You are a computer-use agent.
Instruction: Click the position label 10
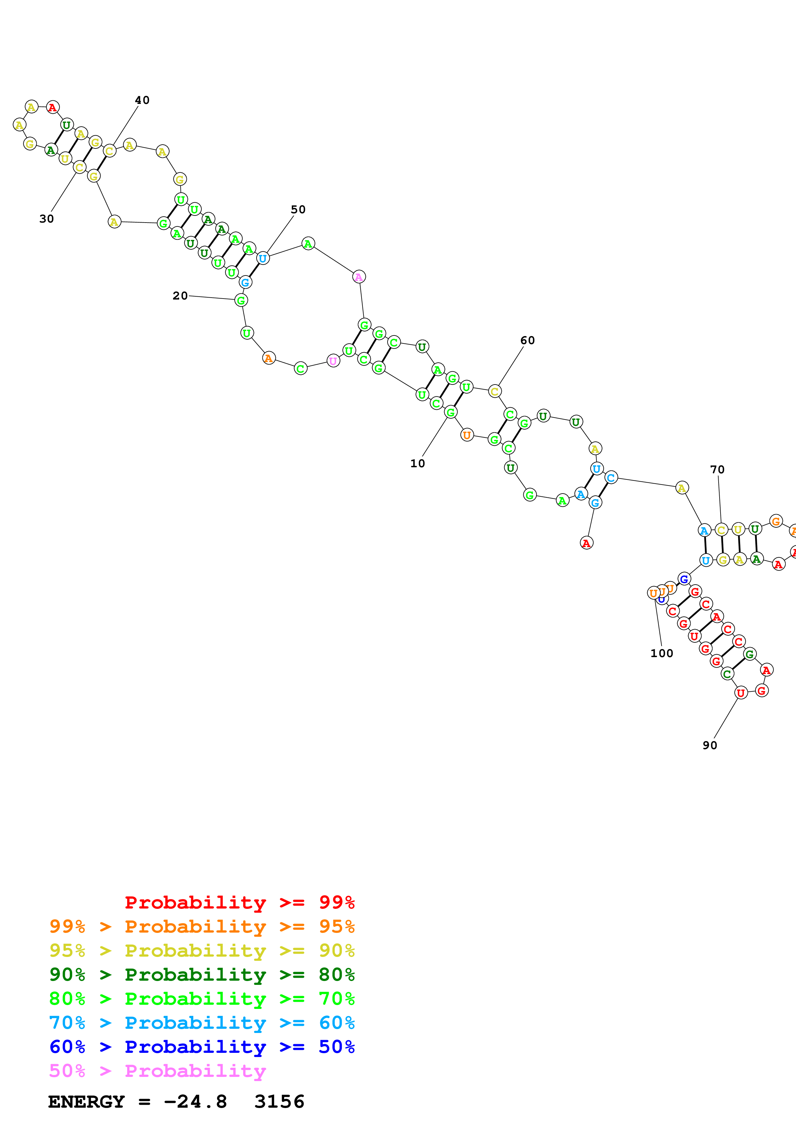pos(417,463)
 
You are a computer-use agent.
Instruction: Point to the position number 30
pos(47,219)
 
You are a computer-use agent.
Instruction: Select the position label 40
pos(142,100)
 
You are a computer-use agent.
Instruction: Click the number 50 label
pos(298,210)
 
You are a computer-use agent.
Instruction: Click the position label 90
pos(710,746)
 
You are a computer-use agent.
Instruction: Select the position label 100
pos(661,654)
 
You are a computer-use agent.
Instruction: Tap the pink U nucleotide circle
pos(333,361)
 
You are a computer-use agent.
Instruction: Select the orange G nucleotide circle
pos(775,521)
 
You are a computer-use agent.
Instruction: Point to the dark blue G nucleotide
pos(684,579)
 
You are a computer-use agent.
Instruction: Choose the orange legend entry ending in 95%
pos(202,926)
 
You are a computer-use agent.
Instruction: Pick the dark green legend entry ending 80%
pos(202,975)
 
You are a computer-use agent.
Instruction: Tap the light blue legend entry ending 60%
pos(202,1023)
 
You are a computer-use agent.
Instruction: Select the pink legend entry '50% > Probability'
pos(157,1070)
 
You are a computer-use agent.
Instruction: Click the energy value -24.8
pos(195,1102)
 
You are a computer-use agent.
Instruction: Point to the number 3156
pos(280,1102)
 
